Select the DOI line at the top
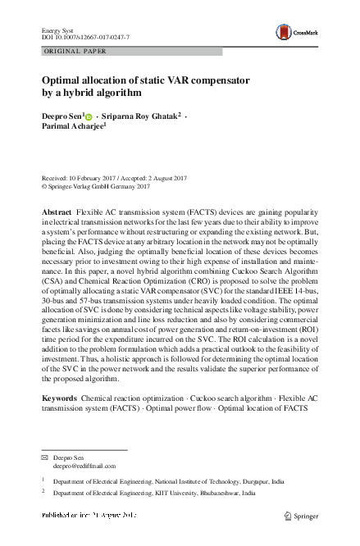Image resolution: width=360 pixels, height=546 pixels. pos(85,38)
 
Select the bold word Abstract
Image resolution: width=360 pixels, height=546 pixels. pos(57,212)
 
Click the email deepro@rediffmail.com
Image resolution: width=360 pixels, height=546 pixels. pos(80,464)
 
